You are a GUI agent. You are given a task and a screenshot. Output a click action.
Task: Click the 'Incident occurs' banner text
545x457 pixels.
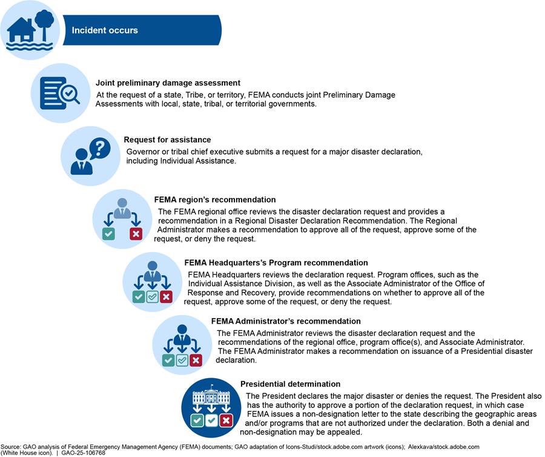coord(105,30)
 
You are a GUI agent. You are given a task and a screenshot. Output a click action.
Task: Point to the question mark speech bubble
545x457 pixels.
coord(99,147)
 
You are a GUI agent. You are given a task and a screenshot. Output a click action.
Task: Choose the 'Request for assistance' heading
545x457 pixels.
coord(167,139)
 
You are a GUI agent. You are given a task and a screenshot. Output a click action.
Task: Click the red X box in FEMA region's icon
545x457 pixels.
coord(136,233)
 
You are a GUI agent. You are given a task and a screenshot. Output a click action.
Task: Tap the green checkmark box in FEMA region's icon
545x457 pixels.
coord(108,233)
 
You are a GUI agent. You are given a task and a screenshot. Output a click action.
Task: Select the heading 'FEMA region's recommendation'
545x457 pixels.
coord(215,199)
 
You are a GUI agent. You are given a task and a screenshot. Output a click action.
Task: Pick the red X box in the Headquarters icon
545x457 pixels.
coord(166,296)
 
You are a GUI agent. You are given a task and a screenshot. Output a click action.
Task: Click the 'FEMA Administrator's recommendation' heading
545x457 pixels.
coord(286,321)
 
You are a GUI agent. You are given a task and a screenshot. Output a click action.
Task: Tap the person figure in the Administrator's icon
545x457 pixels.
coord(182,335)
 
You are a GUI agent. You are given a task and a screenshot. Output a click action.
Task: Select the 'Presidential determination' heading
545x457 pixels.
coord(290,384)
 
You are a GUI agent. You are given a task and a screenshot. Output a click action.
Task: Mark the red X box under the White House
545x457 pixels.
coord(226,420)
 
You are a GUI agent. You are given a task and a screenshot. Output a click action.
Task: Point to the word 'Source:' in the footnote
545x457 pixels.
coord(12,447)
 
